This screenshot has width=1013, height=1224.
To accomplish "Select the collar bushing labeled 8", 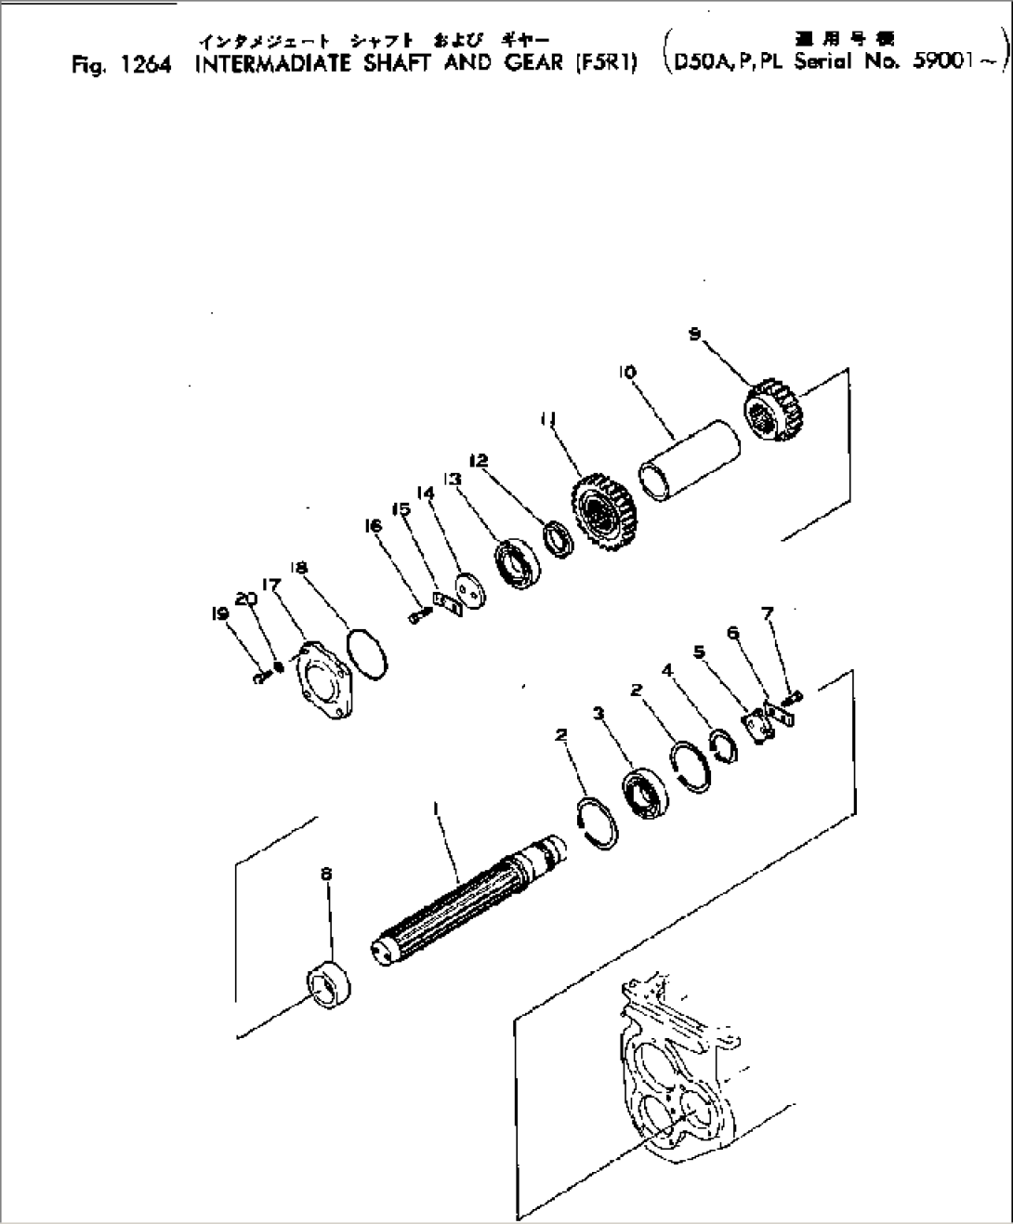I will (x=328, y=982).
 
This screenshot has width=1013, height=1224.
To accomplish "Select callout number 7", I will (x=767, y=613).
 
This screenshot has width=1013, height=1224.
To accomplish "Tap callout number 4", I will (x=667, y=669).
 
